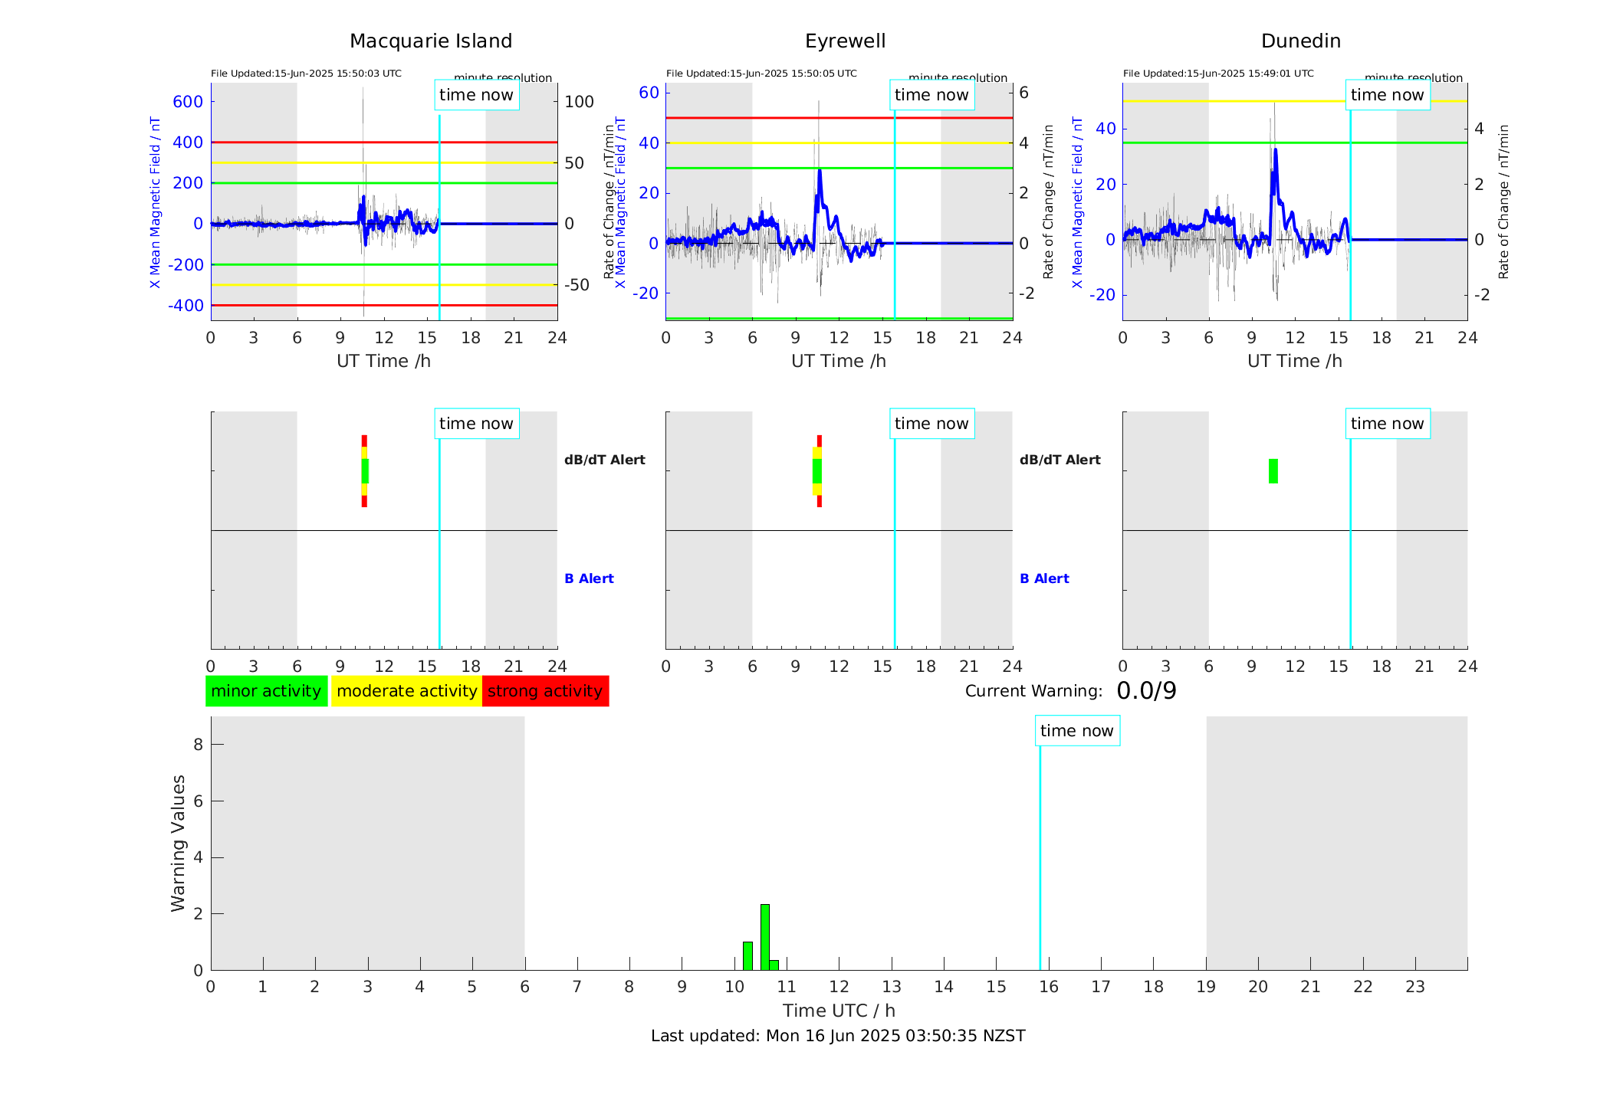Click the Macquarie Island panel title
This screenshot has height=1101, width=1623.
pyautogui.click(x=430, y=41)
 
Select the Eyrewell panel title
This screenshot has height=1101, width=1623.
pyautogui.click(x=845, y=41)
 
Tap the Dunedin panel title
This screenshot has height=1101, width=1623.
pyautogui.click(x=1300, y=41)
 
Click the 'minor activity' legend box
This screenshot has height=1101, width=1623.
pyautogui.click(x=266, y=691)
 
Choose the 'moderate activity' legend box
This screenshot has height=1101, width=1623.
pyautogui.click(x=406, y=691)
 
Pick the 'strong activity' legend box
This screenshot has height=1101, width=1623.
pyautogui.click(x=545, y=691)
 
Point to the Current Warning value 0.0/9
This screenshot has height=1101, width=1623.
pyautogui.click(x=1146, y=691)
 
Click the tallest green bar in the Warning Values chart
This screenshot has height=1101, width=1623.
pyautogui.click(x=764, y=936)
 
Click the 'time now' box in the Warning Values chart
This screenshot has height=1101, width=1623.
pyautogui.click(x=1076, y=731)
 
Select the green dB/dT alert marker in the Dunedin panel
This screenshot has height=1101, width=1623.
pyautogui.click(x=1273, y=471)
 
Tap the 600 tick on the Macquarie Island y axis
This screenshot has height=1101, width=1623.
pyautogui.click(x=188, y=102)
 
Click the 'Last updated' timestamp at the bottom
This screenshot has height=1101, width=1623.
pyautogui.click(x=838, y=1036)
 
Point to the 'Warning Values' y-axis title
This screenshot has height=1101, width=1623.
pyautogui.click(x=178, y=843)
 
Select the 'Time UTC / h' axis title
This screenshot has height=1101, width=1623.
pyautogui.click(x=839, y=1011)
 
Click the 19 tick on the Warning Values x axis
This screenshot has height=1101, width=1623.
pyautogui.click(x=1206, y=987)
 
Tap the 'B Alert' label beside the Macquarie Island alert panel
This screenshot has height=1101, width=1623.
pyautogui.click(x=589, y=578)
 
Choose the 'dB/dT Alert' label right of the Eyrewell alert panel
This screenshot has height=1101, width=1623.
pyautogui.click(x=1060, y=460)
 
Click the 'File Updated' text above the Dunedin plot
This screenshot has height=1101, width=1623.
pyautogui.click(x=1218, y=74)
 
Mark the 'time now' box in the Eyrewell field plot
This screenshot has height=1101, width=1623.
pyautogui.click(x=931, y=95)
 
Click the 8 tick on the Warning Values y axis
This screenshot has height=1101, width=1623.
pyautogui.click(x=198, y=744)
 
